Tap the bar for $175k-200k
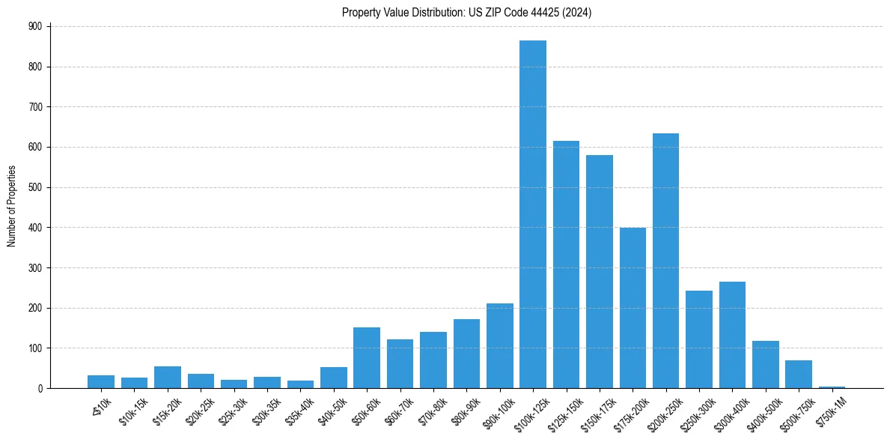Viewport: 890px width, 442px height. click(x=633, y=308)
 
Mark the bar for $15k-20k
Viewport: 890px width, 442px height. click(x=168, y=378)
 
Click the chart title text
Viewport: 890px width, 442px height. click(x=466, y=13)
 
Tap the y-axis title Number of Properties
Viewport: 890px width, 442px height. click(x=12, y=207)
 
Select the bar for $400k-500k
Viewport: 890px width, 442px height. click(x=765, y=365)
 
